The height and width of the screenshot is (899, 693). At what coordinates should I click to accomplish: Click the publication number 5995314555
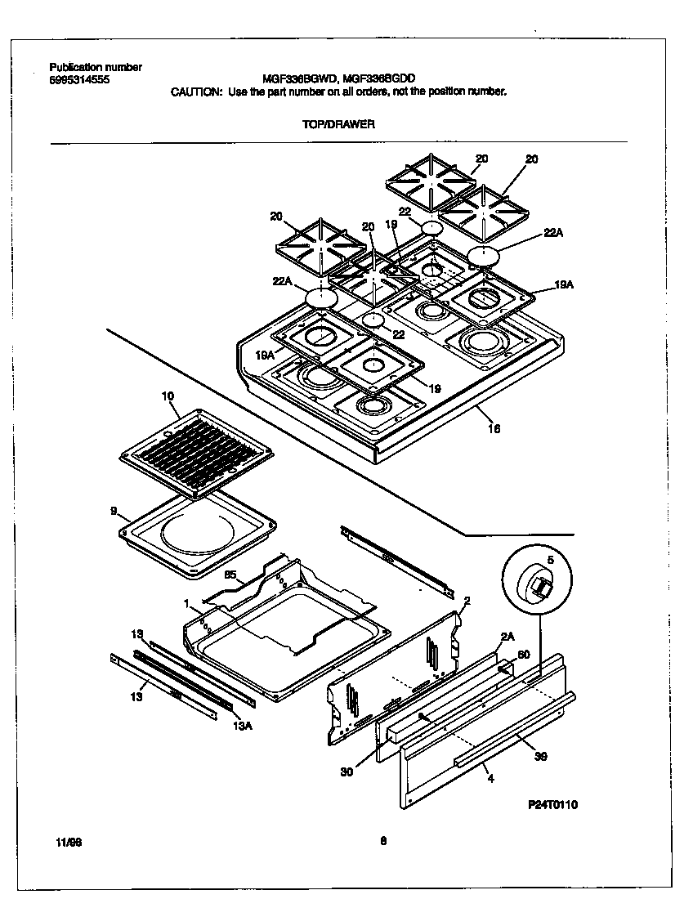pyautogui.click(x=79, y=80)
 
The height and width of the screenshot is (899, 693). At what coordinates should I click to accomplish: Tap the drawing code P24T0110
pyautogui.click(x=552, y=805)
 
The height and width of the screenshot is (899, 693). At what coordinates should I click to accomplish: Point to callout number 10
pyautogui.click(x=168, y=396)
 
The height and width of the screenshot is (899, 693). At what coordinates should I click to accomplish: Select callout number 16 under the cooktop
pyautogui.click(x=494, y=427)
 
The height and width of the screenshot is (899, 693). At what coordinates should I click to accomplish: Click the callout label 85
pyautogui.click(x=230, y=575)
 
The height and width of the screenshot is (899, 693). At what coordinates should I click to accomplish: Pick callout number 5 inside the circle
pyautogui.click(x=550, y=561)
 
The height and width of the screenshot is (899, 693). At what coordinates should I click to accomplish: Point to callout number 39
pyautogui.click(x=539, y=756)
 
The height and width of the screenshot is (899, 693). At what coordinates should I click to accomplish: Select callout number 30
pyautogui.click(x=346, y=772)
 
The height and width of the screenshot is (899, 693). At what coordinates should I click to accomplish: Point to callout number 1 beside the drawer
pyautogui.click(x=186, y=604)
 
